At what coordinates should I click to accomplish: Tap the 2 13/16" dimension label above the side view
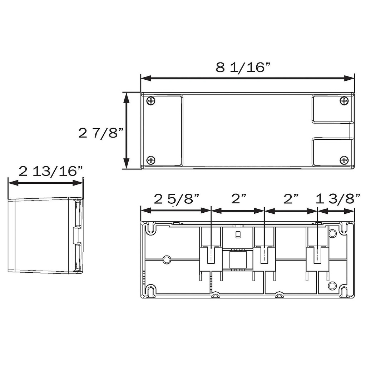pyautogui.click(x=51, y=171)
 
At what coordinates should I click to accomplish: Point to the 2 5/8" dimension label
pyautogui.click(x=176, y=199)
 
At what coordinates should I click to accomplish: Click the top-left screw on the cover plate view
pyautogui.click(x=151, y=101)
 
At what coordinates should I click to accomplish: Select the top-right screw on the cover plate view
pyautogui.click(x=344, y=101)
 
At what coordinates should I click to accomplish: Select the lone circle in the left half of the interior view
pyautogui.click(x=166, y=259)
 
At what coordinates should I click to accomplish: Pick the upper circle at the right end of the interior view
pyautogui.click(x=332, y=233)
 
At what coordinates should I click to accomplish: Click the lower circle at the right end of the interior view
pyautogui.click(x=332, y=286)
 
